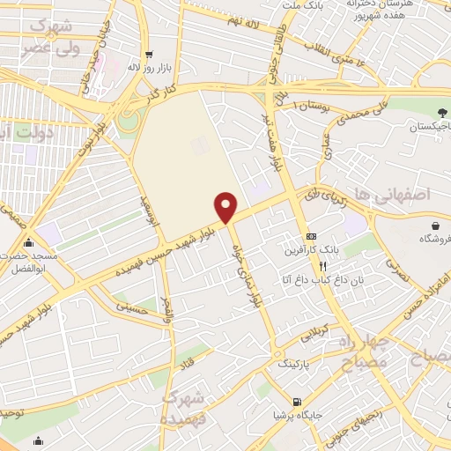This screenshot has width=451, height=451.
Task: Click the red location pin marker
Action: (x=226, y=206)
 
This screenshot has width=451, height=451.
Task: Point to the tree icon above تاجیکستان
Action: (x=440, y=112)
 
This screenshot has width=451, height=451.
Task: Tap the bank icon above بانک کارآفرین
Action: (x=311, y=236)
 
